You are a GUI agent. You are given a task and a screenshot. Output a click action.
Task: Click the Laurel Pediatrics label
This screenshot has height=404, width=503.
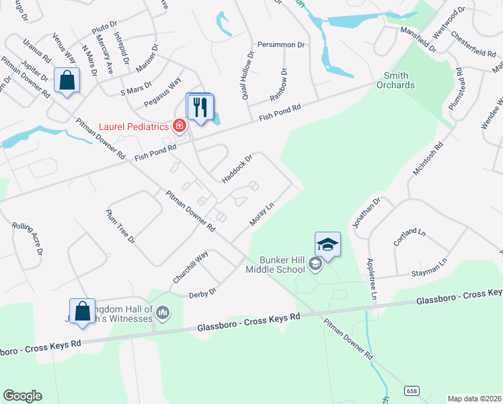coord(134,125)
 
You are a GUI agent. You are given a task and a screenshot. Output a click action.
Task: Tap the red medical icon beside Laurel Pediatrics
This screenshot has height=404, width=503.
coord(179,125)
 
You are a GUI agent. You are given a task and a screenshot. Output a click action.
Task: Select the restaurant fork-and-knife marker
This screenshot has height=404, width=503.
coord(200,108)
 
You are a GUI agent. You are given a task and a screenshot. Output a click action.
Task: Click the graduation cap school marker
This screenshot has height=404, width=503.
coord(327,244)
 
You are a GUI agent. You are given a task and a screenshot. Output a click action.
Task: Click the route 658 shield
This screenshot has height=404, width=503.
coord(412,391)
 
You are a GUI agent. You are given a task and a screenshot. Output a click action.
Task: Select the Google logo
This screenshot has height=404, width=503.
coord(22,396)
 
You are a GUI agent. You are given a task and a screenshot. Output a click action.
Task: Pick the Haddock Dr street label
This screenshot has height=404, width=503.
coord(237,168)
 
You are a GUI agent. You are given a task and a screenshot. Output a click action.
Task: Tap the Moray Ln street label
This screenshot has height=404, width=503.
coord(262,215)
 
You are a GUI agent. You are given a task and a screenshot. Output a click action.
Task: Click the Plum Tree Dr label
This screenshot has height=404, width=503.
coord(120,226)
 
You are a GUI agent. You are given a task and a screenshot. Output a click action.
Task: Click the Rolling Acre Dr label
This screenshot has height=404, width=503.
coord(28,239)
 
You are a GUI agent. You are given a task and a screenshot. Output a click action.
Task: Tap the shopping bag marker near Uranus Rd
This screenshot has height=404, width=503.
coord(68,82)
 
